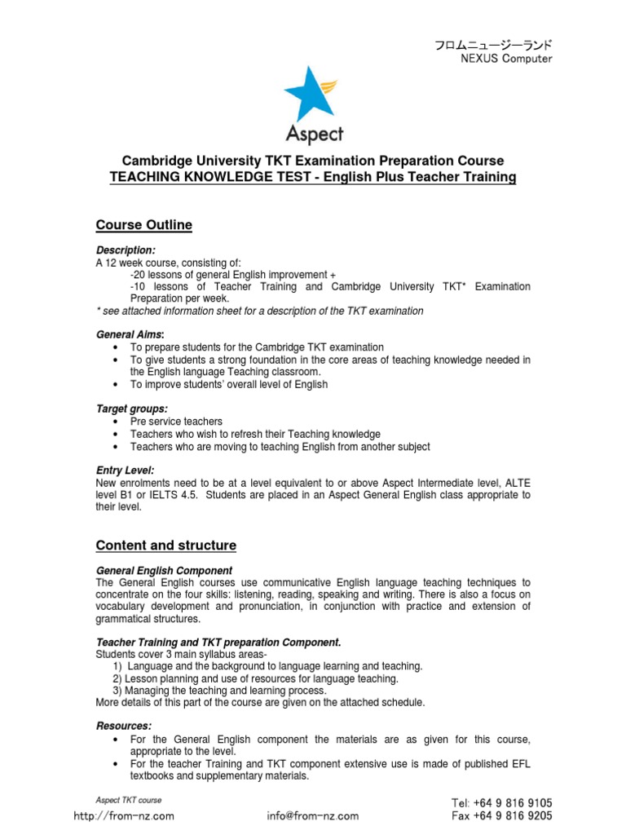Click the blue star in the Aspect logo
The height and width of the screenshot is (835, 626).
click(x=306, y=95)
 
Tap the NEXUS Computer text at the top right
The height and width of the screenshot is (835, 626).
click(x=506, y=59)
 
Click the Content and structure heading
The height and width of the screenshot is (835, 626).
click(x=166, y=545)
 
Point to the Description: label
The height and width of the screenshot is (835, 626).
click(x=126, y=250)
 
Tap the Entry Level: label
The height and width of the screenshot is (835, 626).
click(x=125, y=471)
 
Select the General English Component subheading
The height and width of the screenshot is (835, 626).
click(x=164, y=570)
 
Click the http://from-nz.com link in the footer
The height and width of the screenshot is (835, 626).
click(x=124, y=815)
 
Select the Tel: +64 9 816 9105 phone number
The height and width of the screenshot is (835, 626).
click(x=501, y=803)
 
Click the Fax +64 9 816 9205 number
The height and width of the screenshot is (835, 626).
click(x=501, y=815)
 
